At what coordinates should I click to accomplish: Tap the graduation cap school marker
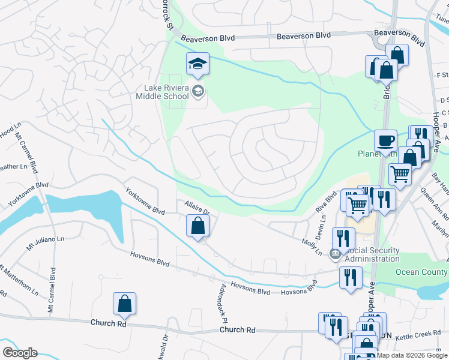[197, 63]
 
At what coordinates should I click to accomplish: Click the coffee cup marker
[385, 142]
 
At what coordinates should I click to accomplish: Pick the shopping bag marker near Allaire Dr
[198, 227]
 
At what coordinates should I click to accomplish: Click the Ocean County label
[421, 272]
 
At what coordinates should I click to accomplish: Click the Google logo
[19, 353]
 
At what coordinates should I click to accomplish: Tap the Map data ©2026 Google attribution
[412, 355]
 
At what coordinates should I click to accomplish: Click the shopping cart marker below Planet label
[400, 175]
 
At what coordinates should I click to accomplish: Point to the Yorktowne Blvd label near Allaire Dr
[145, 202]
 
